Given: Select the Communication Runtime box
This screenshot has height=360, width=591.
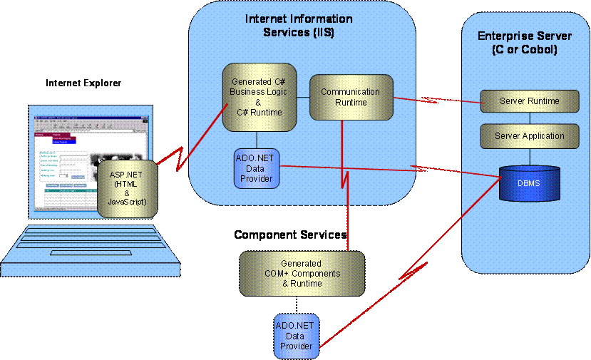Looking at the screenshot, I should point(350,97).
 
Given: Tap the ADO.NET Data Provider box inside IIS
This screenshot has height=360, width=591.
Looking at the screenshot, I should point(256,168).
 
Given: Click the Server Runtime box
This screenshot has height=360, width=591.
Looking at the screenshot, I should point(529,101).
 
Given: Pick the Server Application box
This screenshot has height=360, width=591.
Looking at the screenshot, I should point(529,135).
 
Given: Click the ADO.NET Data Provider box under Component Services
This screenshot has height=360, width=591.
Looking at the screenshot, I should point(297,336).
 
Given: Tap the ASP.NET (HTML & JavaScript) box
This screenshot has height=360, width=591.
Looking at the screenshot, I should point(128,187).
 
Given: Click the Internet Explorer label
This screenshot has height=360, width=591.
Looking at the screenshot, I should point(83,83).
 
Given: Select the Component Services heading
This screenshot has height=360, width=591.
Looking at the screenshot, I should point(290,235).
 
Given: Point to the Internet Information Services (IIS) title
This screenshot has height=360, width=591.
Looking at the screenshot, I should point(299,26).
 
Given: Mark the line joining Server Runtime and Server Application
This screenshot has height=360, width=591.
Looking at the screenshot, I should point(529,118).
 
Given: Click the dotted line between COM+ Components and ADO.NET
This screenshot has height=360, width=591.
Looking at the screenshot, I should point(297,304).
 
